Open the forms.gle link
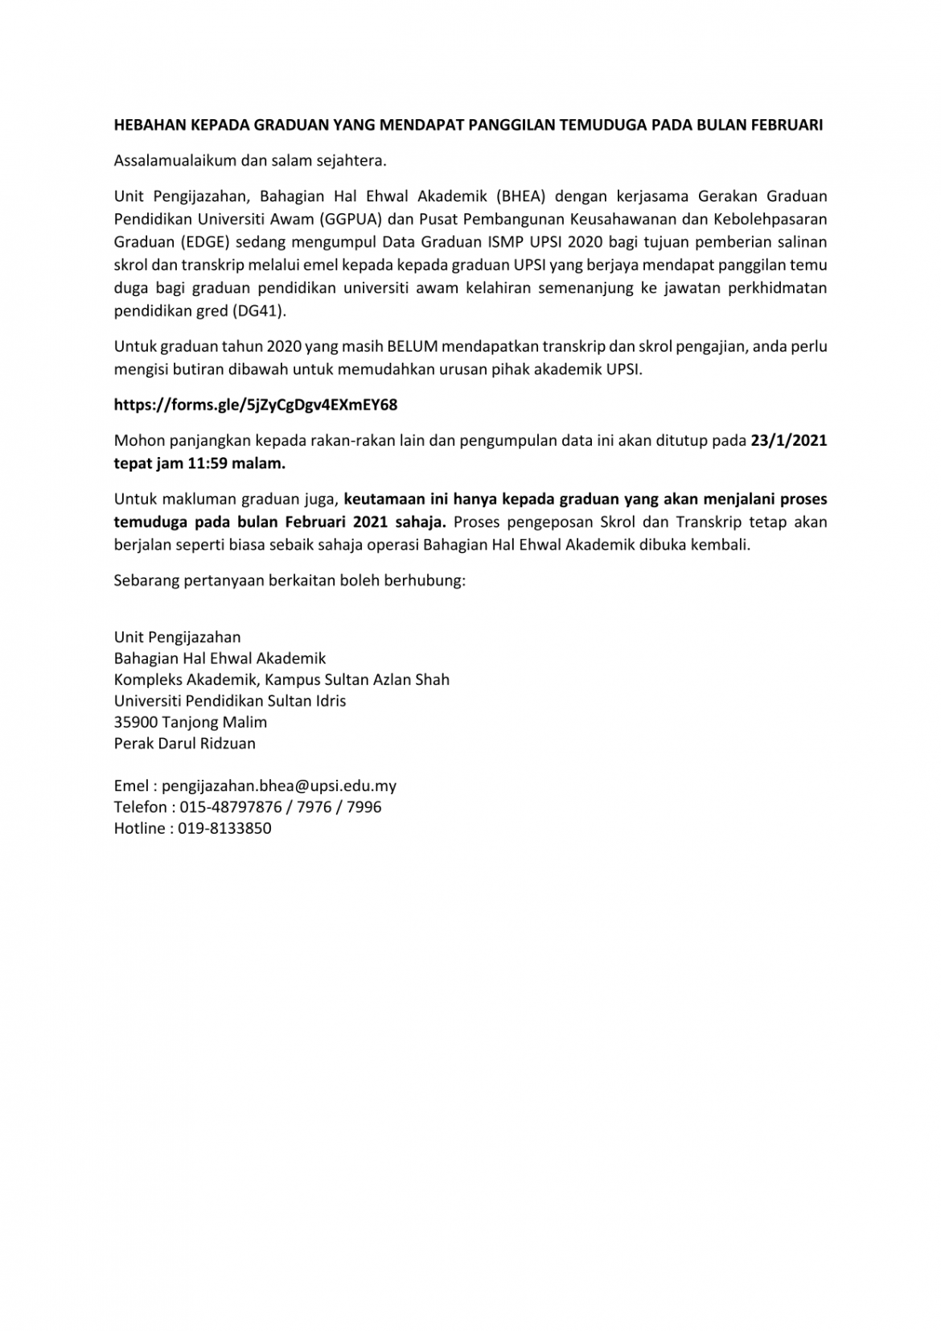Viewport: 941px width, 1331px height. click(256, 405)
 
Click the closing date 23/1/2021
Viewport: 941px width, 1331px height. click(788, 440)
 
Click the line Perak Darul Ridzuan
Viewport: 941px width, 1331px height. click(185, 744)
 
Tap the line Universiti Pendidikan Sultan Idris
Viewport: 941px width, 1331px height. click(230, 701)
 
